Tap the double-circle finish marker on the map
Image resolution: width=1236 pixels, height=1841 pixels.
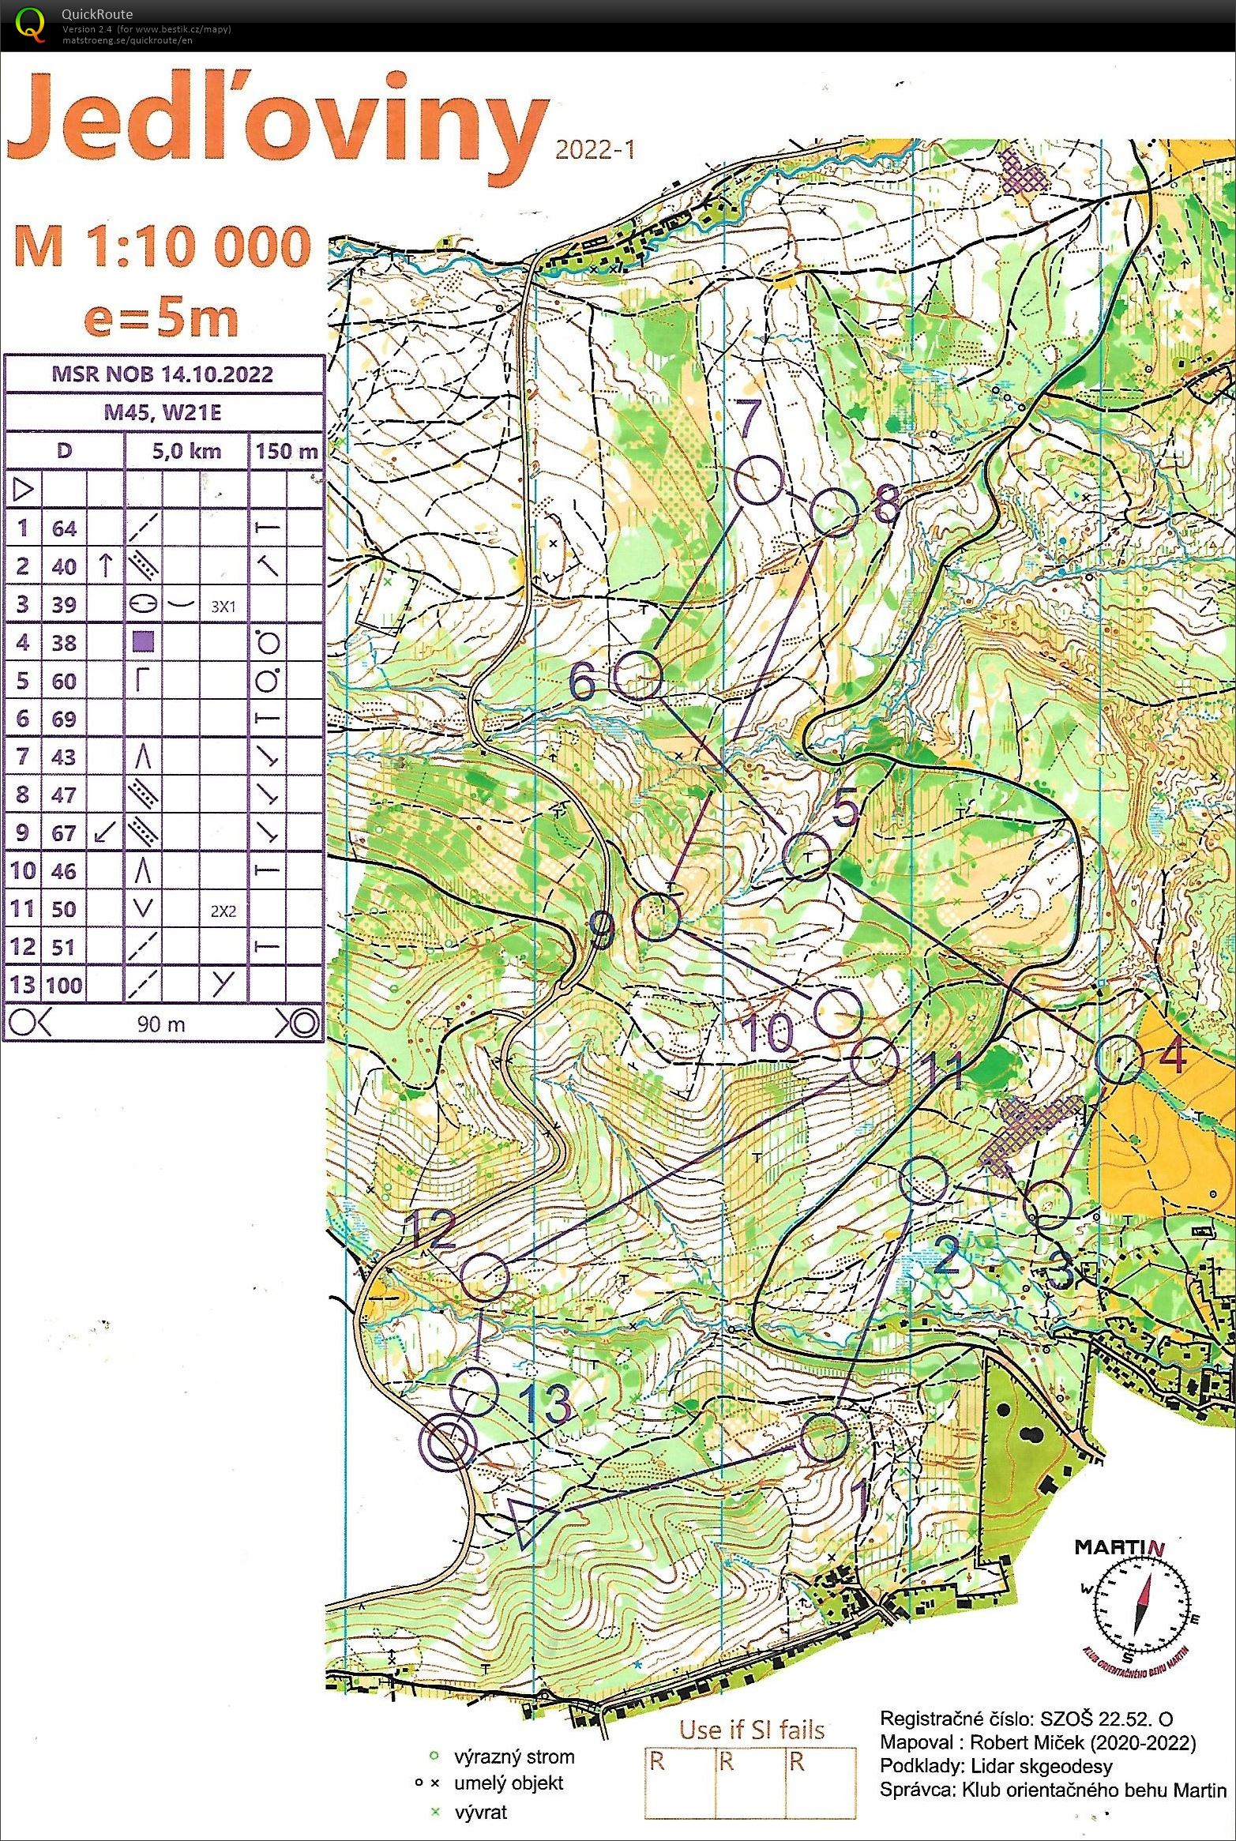pyautogui.click(x=449, y=1443)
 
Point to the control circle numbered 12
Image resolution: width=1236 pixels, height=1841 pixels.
pyautogui.click(x=484, y=1277)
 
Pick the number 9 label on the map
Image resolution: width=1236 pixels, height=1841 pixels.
pyautogui.click(x=603, y=930)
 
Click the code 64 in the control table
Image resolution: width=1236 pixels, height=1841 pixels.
pyautogui.click(x=64, y=528)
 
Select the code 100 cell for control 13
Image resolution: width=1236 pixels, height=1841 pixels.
pyautogui.click(x=64, y=985)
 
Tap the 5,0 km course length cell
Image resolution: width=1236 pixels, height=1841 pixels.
pyautogui.click(x=186, y=452)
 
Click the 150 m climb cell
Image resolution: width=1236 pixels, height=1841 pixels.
pyautogui.click(x=286, y=452)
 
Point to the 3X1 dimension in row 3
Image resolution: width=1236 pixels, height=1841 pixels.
pyautogui.click(x=223, y=607)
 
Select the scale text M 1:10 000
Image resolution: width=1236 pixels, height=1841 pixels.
pyautogui.click(x=162, y=247)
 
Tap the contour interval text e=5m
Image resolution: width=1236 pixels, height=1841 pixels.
pyautogui.click(x=161, y=317)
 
